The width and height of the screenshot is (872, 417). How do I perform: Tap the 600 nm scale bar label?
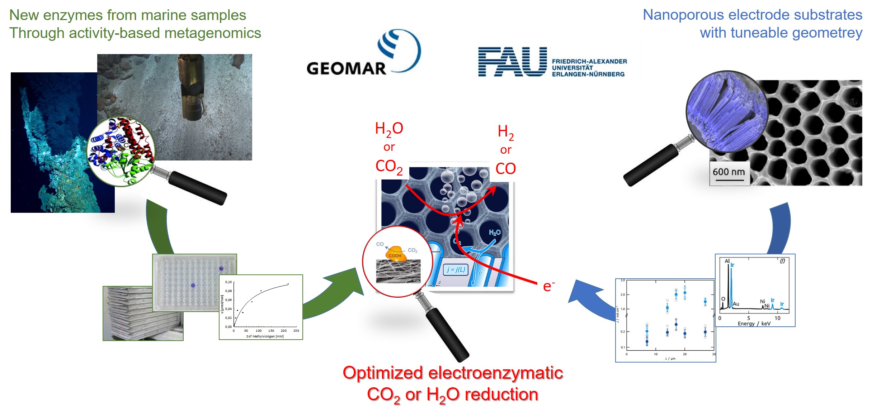coord(729,172)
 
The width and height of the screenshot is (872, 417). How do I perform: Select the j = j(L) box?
coord(456,270)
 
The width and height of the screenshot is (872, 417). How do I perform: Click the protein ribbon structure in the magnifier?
coord(121,150)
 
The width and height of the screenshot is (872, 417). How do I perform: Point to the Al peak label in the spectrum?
coord(727,261)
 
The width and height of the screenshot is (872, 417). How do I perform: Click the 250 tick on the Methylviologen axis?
coord(296,331)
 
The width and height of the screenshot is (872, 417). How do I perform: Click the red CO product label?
coord(505,168)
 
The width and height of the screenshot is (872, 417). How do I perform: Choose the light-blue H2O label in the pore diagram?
coord(495,233)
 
